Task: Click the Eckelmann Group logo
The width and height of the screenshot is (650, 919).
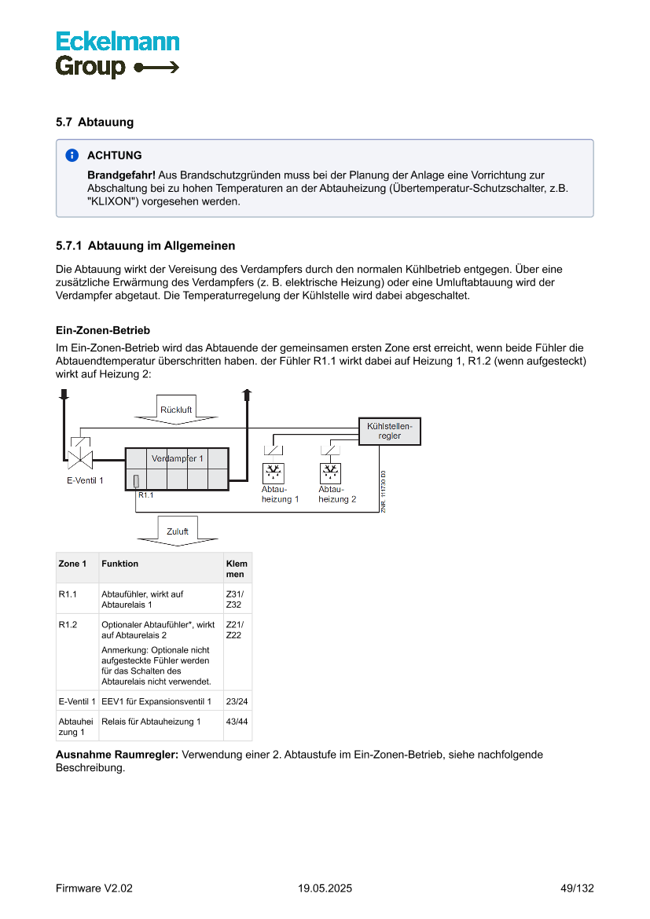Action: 117,54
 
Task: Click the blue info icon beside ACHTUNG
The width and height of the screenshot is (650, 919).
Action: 72,156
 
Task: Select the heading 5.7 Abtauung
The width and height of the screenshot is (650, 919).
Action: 94,123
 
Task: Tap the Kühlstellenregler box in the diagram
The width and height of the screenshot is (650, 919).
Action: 389,431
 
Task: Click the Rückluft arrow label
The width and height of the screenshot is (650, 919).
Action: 176,410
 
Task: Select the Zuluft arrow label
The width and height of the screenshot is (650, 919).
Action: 177,531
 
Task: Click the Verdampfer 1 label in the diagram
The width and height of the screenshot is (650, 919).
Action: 178,458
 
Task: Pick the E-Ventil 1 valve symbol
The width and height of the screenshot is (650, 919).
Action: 79,458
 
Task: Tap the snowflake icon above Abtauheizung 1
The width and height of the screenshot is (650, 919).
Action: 274,472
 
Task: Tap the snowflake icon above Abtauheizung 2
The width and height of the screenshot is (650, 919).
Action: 331,472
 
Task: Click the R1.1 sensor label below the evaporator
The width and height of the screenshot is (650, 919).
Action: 145,495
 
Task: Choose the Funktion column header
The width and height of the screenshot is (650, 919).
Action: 119,564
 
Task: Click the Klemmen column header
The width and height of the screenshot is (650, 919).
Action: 237,568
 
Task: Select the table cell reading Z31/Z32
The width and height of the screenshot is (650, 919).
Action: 234,599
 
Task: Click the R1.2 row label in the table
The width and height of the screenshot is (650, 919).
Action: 68,625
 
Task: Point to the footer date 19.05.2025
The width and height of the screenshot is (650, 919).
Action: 325,888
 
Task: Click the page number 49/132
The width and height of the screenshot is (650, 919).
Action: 577,888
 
